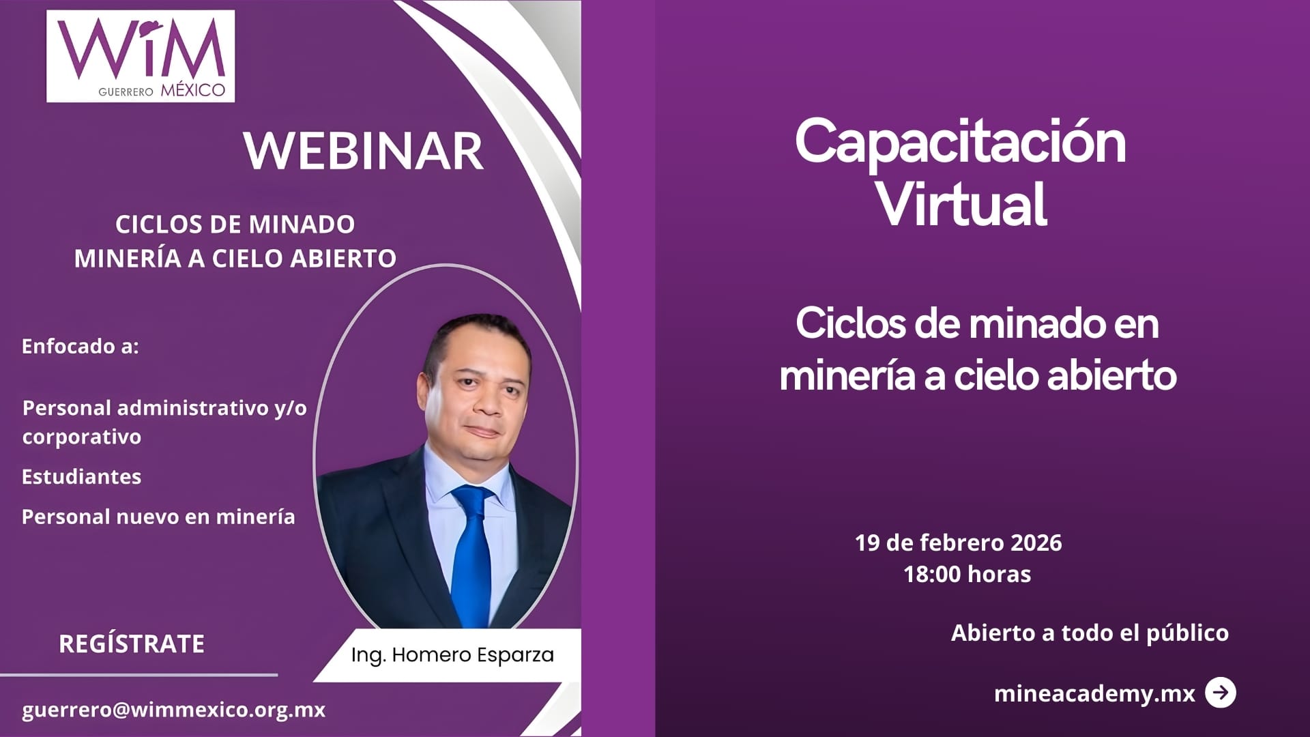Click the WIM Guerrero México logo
click(x=141, y=56)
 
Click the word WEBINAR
click(x=364, y=151)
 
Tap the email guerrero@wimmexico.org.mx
click(x=173, y=710)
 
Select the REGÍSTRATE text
click(x=132, y=644)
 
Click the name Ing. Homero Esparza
click(x=452, y=654)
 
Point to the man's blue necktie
click(x=472, y=553)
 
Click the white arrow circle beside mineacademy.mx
click(x=1220, y=693)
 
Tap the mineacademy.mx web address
click(x=1094, y=693)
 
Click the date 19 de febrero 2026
click(x=958, y=543)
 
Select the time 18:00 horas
click(x=967, y=574)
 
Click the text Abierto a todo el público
click(x=1090, y=633)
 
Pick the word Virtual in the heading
click(x=961, y=204)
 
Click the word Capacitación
click(x=960, y=142)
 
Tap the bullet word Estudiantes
click(x=81, y=476)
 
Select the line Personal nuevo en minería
click(x=158, y=517)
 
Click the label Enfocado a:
click(x=80, y=346)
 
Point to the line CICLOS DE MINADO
click(x=235, y=224)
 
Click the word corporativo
click(x=81, y=437)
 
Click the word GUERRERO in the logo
click(x=126, y=91)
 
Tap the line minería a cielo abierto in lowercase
click(x=978, y=375)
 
